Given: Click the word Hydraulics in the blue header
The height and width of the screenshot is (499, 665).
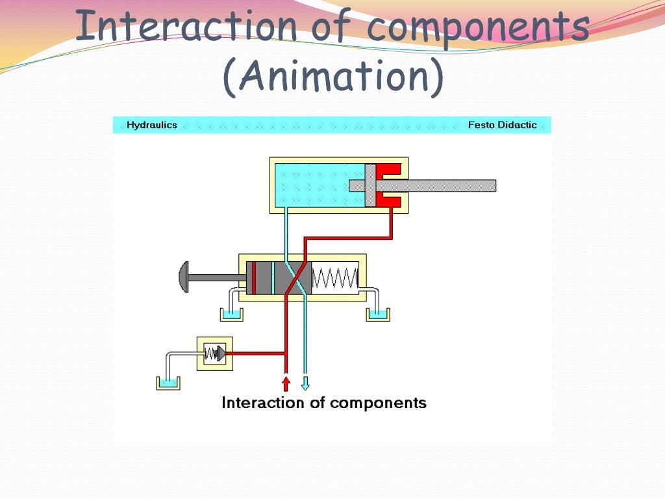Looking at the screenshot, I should (x=151, y=125).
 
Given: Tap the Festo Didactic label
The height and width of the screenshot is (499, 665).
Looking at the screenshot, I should (x=502, y=125).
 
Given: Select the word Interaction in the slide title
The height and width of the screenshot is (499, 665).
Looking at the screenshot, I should (x=186, y=27).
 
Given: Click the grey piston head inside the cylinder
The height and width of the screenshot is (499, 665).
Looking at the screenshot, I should (x=370, y=185).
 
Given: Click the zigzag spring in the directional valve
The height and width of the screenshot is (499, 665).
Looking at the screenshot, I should (x=335, y=277).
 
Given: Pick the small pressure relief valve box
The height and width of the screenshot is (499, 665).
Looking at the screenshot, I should (x=214, y=353).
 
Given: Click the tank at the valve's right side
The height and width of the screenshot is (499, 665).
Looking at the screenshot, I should (x=377, y=315).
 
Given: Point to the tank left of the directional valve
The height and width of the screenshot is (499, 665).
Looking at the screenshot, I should (x=231, y=315).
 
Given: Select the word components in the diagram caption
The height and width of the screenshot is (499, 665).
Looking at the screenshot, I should (x=378, y=403).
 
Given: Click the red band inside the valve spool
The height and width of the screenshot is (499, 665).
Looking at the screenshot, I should (x=253, y=277).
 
